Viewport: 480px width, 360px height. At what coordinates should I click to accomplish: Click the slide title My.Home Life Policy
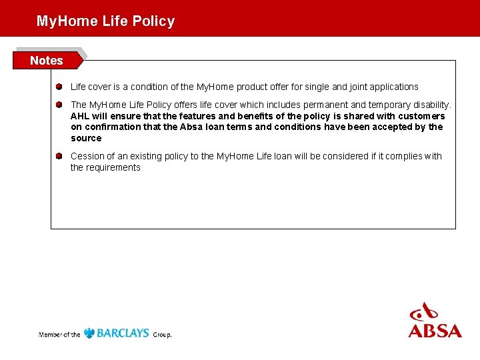105,21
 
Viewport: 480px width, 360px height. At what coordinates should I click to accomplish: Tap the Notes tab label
47,61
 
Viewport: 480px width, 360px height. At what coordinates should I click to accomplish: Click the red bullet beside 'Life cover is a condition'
59,87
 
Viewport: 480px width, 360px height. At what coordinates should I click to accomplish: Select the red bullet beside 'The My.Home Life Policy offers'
59,105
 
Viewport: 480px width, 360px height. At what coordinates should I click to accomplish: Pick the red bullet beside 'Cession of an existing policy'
59,156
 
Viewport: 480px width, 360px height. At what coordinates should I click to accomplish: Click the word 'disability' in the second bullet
431,105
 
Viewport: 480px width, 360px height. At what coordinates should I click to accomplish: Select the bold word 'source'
86,138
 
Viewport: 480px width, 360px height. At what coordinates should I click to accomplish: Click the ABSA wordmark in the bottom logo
435,331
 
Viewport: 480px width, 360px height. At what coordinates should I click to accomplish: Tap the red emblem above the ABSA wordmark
425,311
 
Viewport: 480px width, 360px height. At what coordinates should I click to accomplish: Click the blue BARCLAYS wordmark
123,333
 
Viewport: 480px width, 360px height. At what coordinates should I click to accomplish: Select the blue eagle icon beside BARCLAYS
89,333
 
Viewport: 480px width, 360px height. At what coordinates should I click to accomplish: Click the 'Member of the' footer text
59,334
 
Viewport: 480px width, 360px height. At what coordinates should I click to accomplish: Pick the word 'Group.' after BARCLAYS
162,335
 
